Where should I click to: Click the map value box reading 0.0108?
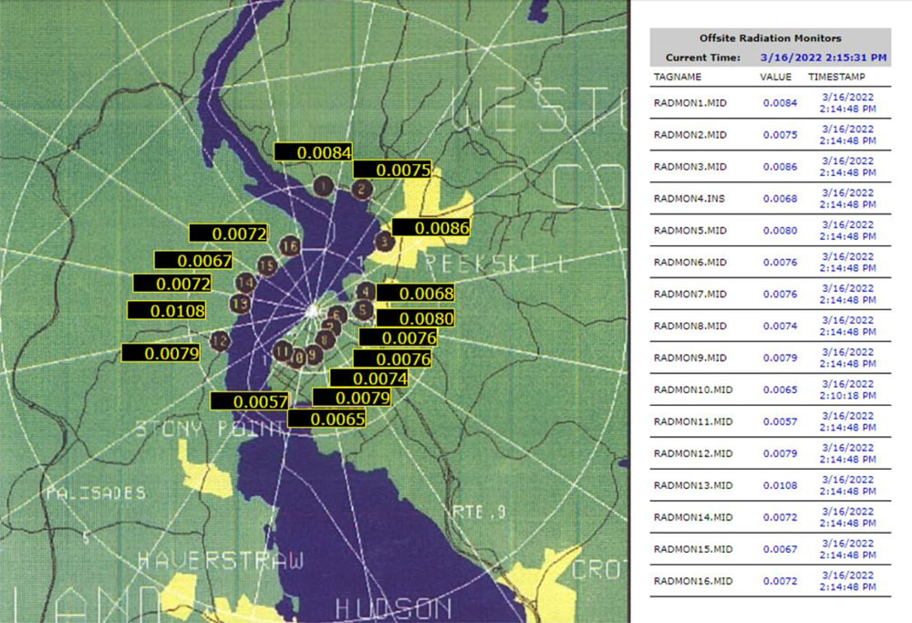point(166,311)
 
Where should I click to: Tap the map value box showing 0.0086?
point(430,229)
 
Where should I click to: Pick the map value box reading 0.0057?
point(249,401)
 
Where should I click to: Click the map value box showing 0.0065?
point(326,419)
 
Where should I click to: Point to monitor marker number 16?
point(290,246)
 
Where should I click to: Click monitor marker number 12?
point(219,341)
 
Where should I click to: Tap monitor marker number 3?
point(384,242)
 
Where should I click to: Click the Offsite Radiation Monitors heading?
point(770,38)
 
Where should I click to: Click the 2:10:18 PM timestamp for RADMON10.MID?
point(848,398)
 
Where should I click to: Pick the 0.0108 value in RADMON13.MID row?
point(780,485)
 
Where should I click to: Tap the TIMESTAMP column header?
point(836,77)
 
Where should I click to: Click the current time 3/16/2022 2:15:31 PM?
point(824,57)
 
